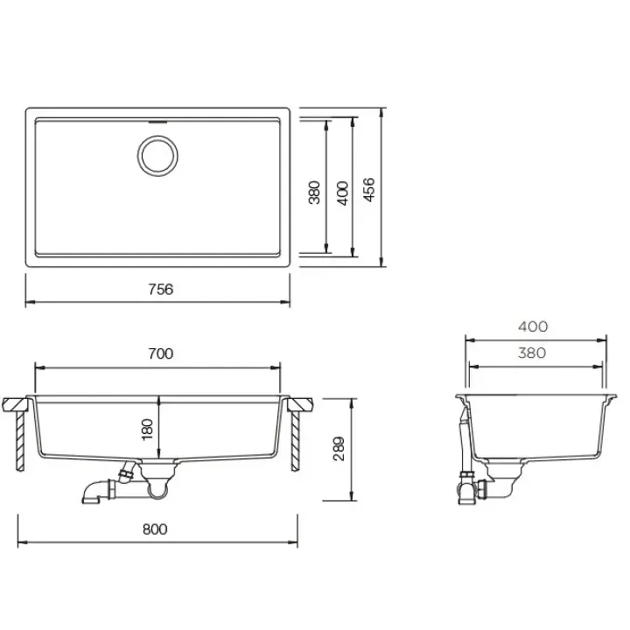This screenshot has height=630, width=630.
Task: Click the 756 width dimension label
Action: tap(161, 290)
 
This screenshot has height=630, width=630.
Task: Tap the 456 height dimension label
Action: tap(369, 190)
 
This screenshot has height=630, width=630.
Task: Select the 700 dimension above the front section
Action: tap(161, 353)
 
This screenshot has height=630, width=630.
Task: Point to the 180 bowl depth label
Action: tap(148, 429)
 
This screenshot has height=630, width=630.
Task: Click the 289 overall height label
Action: tap(339, 448)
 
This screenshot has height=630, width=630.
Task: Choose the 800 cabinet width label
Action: tap(155, 529)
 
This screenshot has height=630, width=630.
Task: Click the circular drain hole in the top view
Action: tap(157, 156)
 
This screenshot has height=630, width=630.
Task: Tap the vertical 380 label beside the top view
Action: tap(315, 192)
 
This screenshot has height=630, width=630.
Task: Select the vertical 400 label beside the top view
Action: tap(343, 193)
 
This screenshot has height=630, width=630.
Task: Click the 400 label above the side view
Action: tap(533, 326)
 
